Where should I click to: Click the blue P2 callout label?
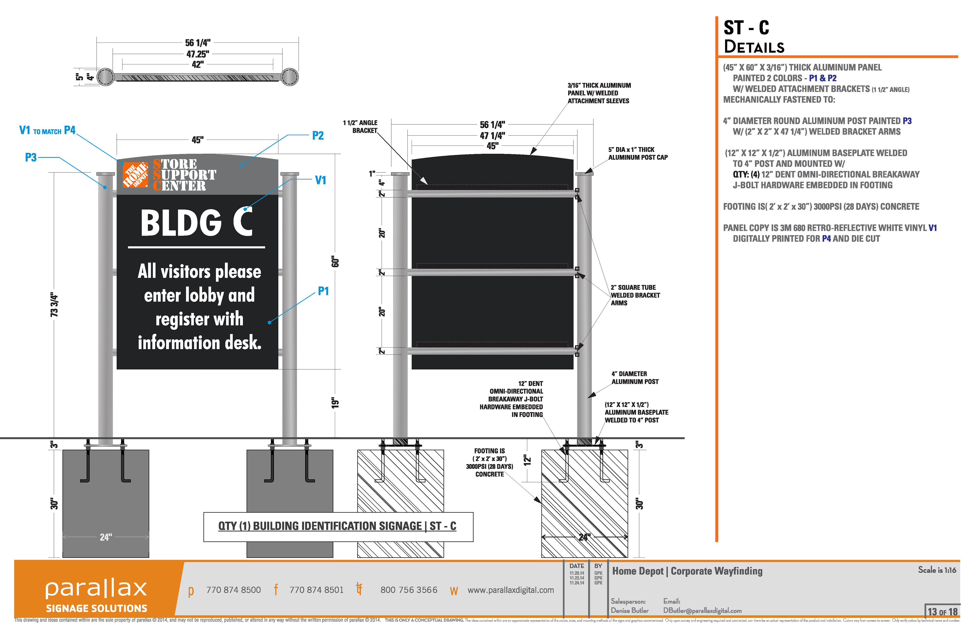click(318, 136)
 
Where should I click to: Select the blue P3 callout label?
click(31, 158)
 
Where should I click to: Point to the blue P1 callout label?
click(323, 291)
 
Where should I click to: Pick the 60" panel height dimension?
click(335, 262)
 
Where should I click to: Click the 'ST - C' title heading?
click(746, 28)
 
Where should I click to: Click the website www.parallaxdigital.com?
click(510, 590)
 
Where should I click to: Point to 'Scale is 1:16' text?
click(937, 570)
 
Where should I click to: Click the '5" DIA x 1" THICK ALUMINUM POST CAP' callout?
click(638, 154)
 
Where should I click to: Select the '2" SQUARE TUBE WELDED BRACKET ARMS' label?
click(635, 295)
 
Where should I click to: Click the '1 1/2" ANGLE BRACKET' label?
click(361, 126)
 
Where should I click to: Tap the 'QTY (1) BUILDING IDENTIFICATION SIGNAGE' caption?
click(337, 526)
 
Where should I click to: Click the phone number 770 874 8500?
click(233, 590)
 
